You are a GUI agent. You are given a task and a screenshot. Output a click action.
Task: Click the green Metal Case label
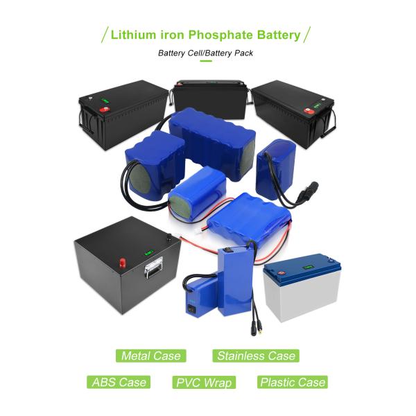(150, 356)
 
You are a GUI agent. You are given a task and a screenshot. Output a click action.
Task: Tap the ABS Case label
(119, 382)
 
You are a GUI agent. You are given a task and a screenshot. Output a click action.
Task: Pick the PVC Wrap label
(203, 382)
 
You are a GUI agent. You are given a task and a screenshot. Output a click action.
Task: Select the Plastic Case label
(291, 382)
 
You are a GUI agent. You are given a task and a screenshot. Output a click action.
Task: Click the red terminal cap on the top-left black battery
(106, 110)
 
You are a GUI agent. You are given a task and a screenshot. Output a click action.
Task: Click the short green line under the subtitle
(205, 62)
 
